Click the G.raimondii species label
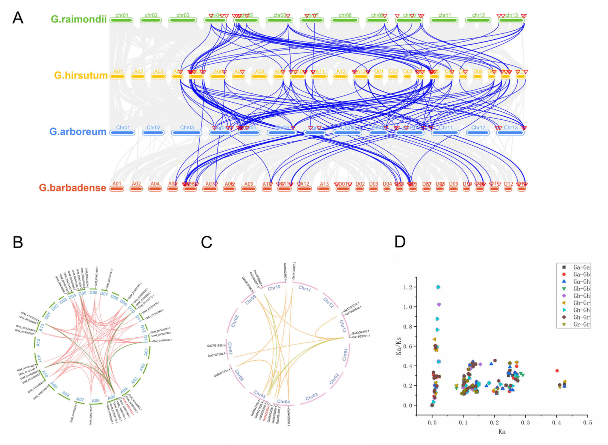(x=79, y=19)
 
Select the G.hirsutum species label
(x=81, y=75)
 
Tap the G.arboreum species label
(x=78, y=132)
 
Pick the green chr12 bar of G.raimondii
(x=478, y=20)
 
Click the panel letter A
(x=18, y=18)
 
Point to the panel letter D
(x=400, y=242)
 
